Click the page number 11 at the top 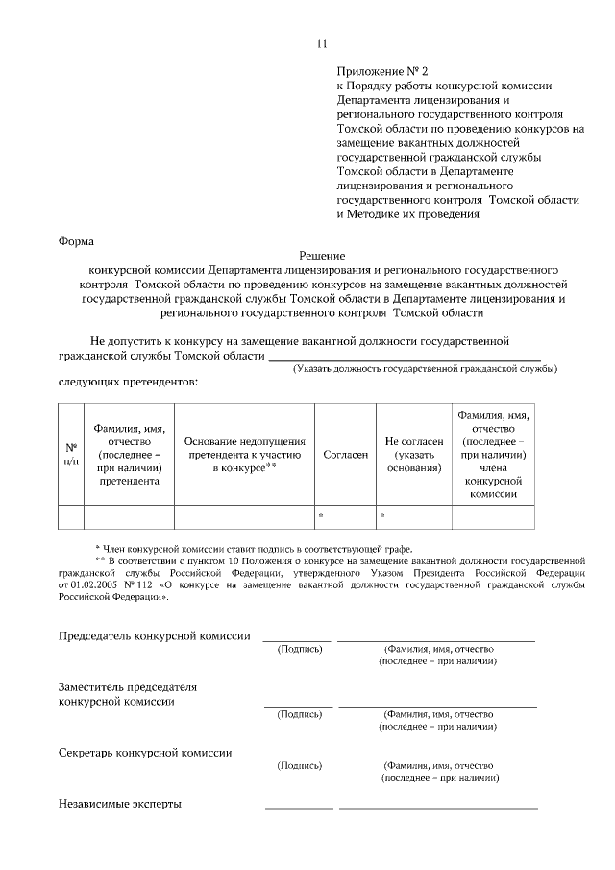tap(322, 43)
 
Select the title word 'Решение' tap(322, 256)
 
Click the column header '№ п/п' tap(71, 454)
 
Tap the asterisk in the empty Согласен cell tap(320, 517)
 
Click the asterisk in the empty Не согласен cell tap(381, 517)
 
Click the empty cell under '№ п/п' tap(71, 516)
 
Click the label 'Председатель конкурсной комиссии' tap(155, 636)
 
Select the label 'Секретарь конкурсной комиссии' tap(145, 753)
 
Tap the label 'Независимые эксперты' tap(120, 804)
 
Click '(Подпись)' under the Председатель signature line tap(299, 650)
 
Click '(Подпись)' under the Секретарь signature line tap(299, 766)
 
